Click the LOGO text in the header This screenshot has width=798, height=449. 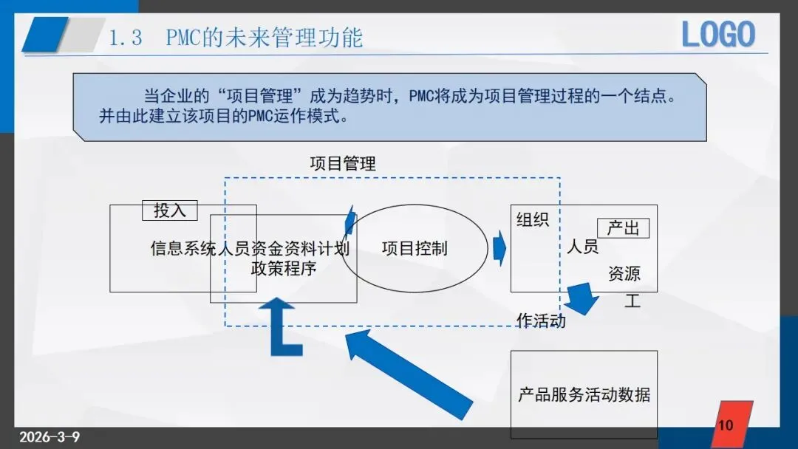point(717,35)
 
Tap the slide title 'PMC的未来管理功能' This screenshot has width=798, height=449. point(265,38)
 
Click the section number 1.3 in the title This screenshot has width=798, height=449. point(126,38)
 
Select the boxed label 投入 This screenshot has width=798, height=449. point(170,210)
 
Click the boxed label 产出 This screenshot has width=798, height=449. point(623,228)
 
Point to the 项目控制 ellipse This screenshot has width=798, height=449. point(415,248)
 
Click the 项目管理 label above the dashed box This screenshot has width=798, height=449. point(343,163)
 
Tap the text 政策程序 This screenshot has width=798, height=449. point(284,268)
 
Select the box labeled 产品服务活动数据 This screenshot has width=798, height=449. point(584,394)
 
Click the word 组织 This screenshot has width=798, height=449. point(533,219)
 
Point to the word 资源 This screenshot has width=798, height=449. point(624,274)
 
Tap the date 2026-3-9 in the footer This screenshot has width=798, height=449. point(50,436)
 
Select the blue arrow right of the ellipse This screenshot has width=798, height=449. point(499,248)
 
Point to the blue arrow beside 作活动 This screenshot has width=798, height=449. point(582,298)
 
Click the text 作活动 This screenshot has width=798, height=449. point(542,321)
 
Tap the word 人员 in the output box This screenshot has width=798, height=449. point(583,247)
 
